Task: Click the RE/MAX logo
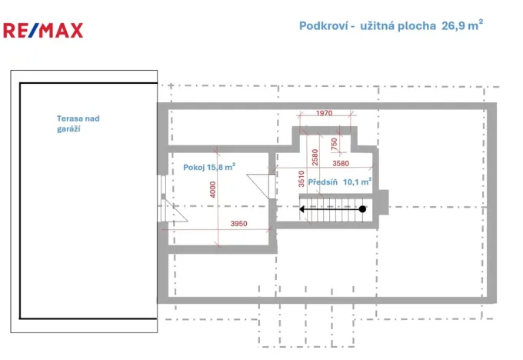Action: click(42, 30)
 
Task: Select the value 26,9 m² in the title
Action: click(462, 25)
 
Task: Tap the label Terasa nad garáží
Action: click(77, 124)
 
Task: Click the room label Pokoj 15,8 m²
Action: click(208, 166)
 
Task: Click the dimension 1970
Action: click(324, 114)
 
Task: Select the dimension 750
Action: click(334, 143)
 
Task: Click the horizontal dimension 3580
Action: click(341, 163)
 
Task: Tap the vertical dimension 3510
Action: click(301, 179)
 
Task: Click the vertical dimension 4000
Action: click(212, 190)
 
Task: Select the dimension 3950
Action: click(238, 224)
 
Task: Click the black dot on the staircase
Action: click(362, 208)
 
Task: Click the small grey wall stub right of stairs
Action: click(384, 200)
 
